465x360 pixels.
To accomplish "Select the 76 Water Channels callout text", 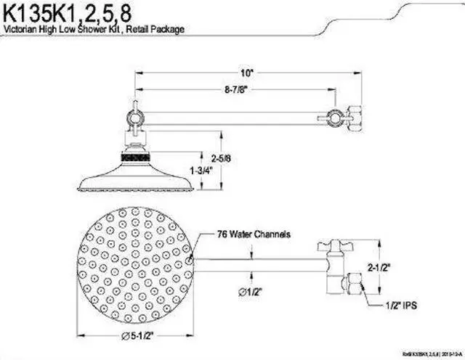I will pyautogui.click(x=254, y=234).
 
